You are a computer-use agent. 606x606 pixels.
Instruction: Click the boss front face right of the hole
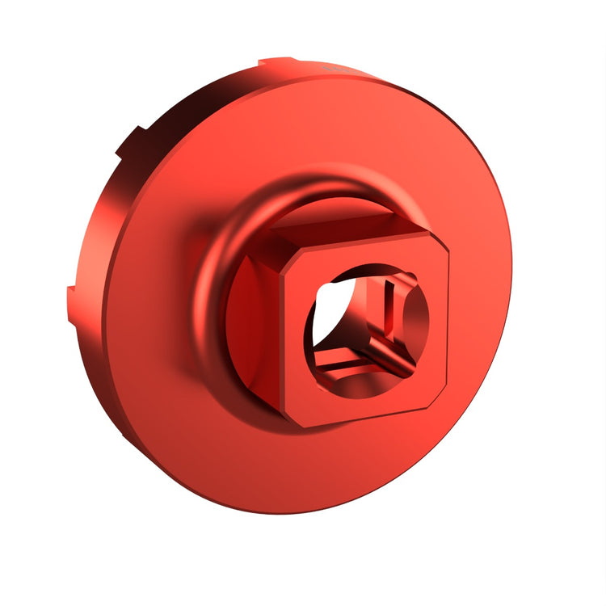click(432, 323)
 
